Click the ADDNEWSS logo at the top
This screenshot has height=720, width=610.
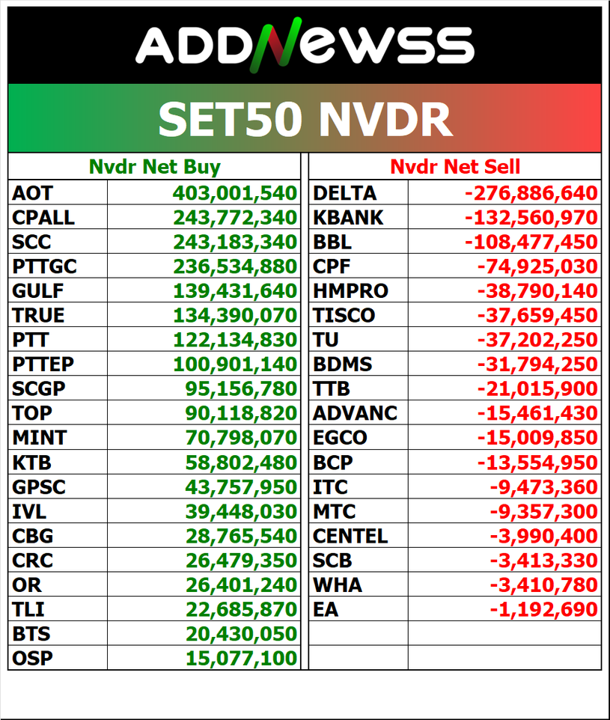pos(305,43)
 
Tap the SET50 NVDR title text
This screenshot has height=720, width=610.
pos(305,118)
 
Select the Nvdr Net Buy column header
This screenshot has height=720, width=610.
pos(155,166)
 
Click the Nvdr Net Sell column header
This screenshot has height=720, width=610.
pos(455,166)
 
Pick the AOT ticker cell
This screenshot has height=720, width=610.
pos(32,193)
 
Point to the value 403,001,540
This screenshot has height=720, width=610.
pos(235,193)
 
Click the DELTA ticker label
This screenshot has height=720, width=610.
pos(344,193)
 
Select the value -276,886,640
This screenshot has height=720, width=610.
pos(531,193)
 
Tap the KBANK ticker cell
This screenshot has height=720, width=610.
pos(348,218)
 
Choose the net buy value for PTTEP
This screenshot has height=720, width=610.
pos(235,364)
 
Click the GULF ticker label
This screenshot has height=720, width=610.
pos(38,291)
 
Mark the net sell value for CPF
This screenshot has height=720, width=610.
pos(537,266)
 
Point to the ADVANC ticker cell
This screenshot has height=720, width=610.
pos(355,413)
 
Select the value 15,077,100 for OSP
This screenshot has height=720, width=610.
pos(241,659)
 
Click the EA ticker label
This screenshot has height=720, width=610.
pos(326,609)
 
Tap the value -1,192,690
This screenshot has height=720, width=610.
pos(544,609)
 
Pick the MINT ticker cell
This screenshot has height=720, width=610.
pos(39,437)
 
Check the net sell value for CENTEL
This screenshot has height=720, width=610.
pos(544,536)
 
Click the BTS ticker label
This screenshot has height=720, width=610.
pos(31,634)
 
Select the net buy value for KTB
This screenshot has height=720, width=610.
pos(241,463)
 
